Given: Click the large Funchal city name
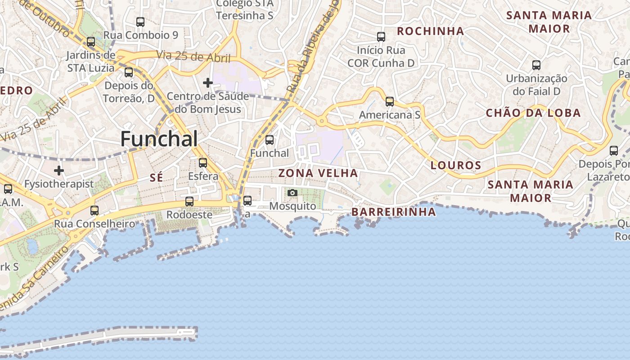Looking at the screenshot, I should pyautogui.click(x=159, y=139).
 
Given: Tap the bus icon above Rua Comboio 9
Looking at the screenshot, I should pyautogui.click(x=140, y=22).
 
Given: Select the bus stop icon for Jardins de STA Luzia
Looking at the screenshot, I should pyautogui.click(x=91, y=42).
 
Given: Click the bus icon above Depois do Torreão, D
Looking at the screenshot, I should pyautogui.click(x=129, y=72).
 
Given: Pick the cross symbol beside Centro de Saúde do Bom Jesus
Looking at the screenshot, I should pyautogui.click(x=207, y=83).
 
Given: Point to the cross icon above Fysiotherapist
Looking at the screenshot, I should pyautogui.click(x=59, y=171).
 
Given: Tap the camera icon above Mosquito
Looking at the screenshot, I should pyautogui.click(x=292, y=193).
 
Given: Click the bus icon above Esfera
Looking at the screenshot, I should pyautogui.click(x=203, y=162).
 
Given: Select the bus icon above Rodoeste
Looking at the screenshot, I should pyautogui.click(x=189, y=201).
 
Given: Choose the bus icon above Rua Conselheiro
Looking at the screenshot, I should pyautogui.click(x=94, y=210).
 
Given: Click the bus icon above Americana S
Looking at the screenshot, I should pyautogui.click(x=390, y=102).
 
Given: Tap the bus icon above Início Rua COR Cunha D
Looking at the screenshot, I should pyautogui.click(x=381, y=36).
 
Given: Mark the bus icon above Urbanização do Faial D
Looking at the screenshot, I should pyautogui.click(x=536, y=65).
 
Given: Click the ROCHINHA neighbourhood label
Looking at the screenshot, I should pyautogui.click(x=431, y=31).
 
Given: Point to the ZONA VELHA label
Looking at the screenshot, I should pyautogui.click(x=318, y=173).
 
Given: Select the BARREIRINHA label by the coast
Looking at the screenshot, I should pyautogui.click(x=394, y=211).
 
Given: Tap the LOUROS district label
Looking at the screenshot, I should pyautogui.click(x=456, y=165).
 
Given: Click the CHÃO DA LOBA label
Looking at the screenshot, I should pyautogui.click(x=533, y=113).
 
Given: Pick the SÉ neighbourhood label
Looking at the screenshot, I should pyautogui.click(x=156, y=178).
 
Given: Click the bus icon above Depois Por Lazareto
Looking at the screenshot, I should pyautogui.click(x=614, y=151).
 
